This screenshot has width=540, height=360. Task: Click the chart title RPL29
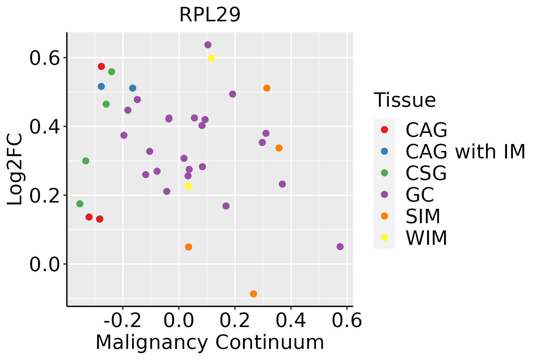210,15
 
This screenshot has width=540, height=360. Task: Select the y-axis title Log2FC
15,169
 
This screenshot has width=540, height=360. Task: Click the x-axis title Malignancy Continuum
210,343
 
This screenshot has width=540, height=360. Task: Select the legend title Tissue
405,100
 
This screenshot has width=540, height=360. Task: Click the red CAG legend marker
384,130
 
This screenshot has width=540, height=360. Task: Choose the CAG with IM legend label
465,152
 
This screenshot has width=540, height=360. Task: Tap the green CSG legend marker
384,173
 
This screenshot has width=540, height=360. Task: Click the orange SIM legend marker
384,216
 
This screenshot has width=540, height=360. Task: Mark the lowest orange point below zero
253,294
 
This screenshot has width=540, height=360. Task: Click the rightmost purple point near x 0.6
340,247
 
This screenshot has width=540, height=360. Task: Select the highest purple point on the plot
208,45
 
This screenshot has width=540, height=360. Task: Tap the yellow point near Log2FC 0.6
211,58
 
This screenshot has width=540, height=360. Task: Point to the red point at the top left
101,66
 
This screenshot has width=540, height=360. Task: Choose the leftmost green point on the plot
80,204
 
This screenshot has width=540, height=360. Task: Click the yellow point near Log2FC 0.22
188,186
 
